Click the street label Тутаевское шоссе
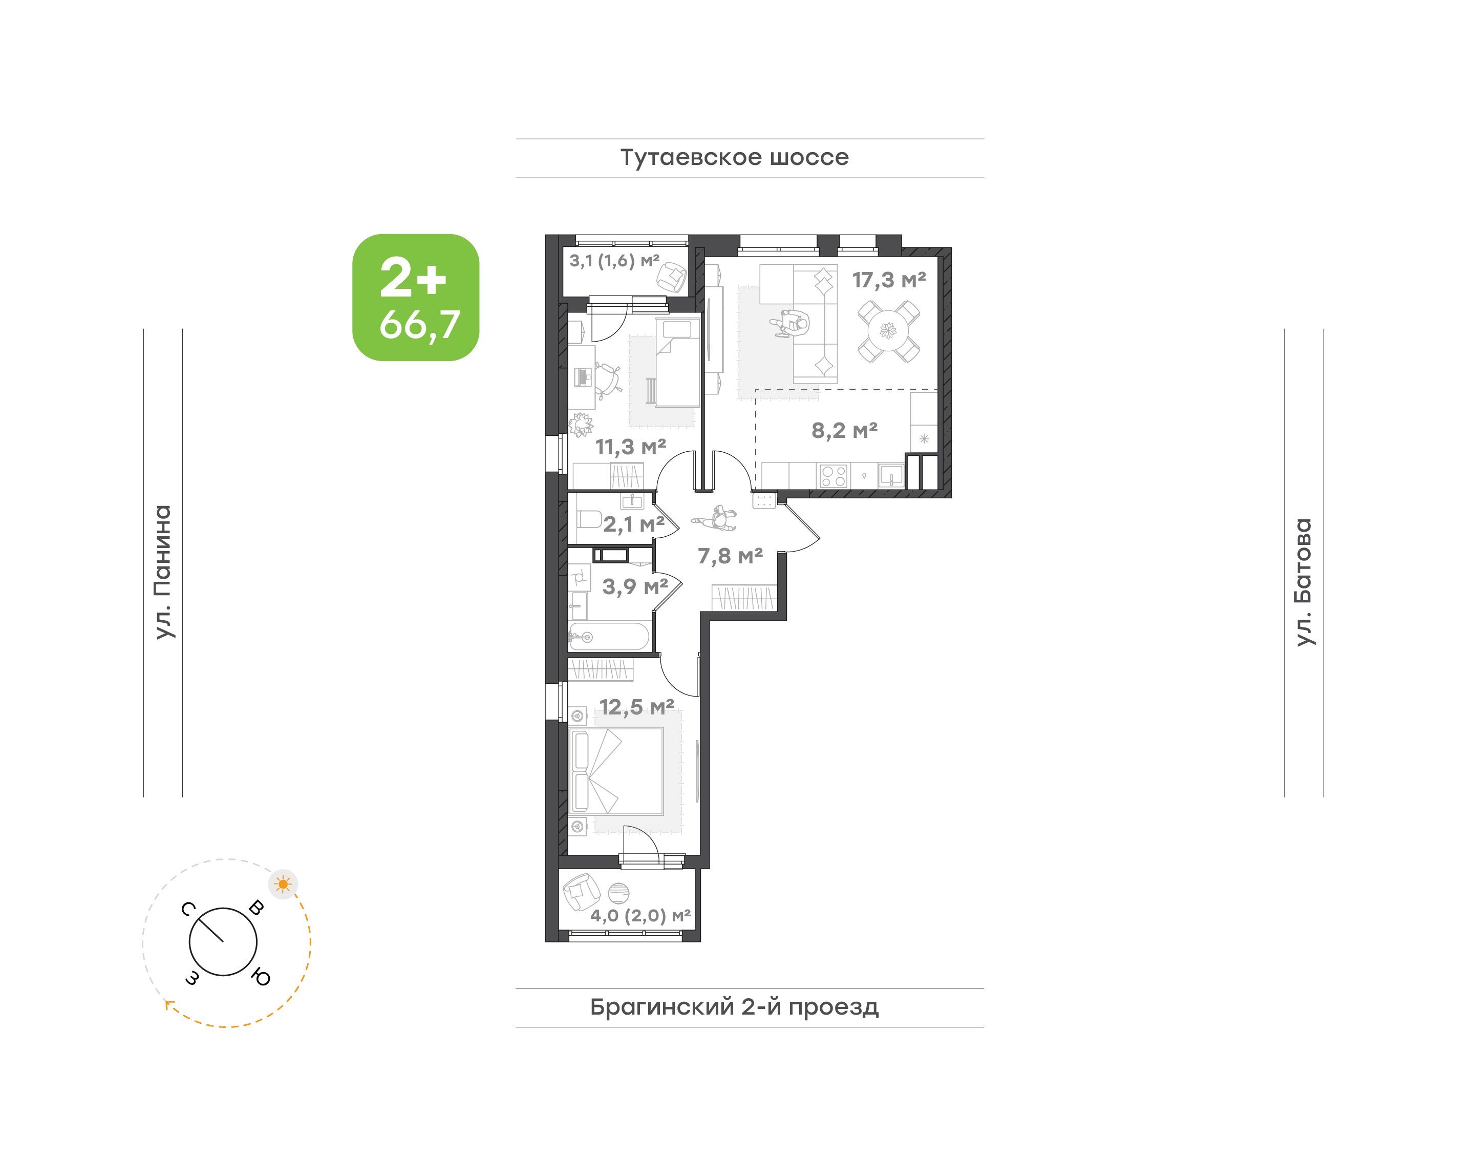coord(734,157)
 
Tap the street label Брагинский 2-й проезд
coord(734,1007)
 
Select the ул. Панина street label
coord(163,572)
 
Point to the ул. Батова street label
coord(1303,582)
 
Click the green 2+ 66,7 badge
coord(416,297)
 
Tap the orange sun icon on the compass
coord(283,884)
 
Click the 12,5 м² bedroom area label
coord(636,707)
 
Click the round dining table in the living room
coord(888,331)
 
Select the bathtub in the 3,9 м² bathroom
coord(609,637)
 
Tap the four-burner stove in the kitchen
coord(833,476)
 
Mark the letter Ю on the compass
coord(260,977)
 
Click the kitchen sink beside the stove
coord(891,476)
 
